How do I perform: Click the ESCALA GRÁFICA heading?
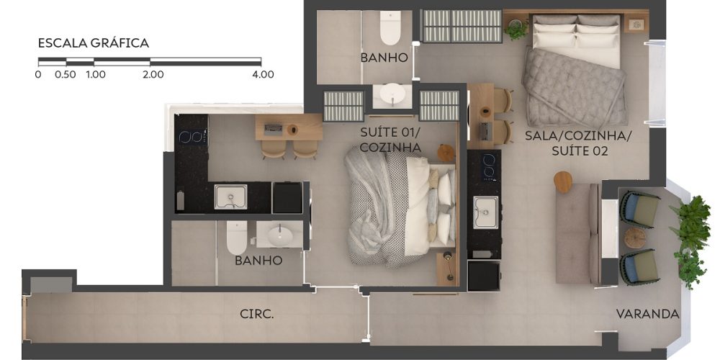point(93,43)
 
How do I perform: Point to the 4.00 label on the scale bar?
point(263,74)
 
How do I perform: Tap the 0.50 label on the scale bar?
point(66,74)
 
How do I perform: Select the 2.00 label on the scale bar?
point(153,74)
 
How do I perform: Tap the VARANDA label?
point(647,314)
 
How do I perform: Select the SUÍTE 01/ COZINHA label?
point(391,140)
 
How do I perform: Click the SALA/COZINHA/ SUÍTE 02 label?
point(579,143)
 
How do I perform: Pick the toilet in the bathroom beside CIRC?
point(236,237)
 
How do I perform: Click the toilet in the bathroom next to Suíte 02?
point(390,27)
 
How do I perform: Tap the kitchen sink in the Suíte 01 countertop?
point(230,197)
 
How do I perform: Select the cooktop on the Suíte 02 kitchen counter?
point(489,165)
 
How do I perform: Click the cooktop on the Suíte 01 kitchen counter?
point(192,136)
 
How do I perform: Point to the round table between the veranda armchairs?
point(636,238)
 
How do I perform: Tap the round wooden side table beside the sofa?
point(563,182)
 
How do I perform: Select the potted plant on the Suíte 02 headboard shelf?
point(516,29)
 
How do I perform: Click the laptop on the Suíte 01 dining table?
point(274,129)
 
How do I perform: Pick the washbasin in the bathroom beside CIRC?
point(280,236)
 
